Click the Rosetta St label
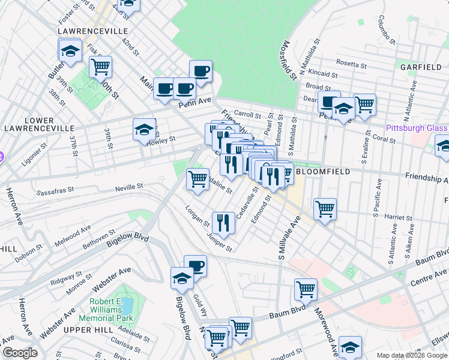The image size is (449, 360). coord(351,64)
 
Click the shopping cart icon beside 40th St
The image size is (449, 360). coord(100,67)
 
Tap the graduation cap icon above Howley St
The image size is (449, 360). coord(143,129)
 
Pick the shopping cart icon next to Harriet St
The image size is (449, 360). coord(325,209)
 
